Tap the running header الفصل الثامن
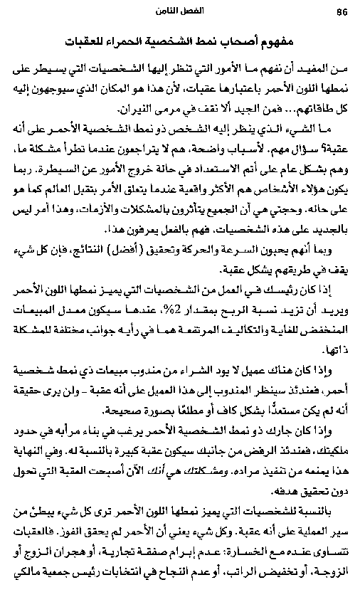(180, 11)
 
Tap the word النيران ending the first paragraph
(134, 111)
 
